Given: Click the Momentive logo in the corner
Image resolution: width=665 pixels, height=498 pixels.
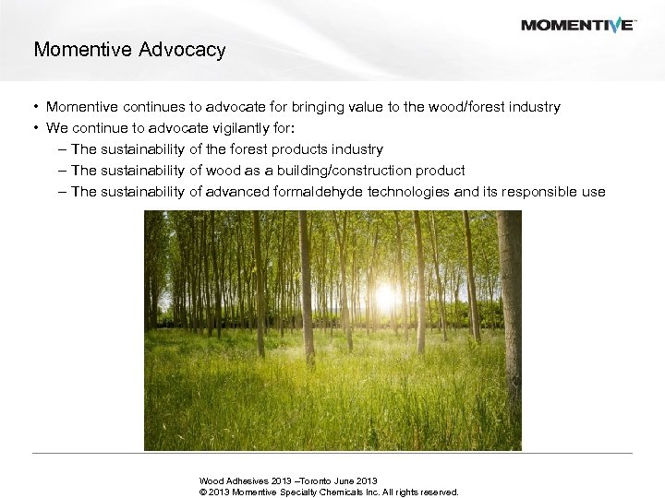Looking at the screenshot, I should coord(577,25).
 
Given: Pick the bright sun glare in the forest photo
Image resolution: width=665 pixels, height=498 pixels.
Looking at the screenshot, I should coord(385,296).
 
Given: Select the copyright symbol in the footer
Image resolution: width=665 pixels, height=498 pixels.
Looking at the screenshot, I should coord(203,492).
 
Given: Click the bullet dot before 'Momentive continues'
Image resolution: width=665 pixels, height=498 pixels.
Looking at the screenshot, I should coord(36,108).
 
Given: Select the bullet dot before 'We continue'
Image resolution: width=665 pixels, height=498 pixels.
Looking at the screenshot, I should coord(36,129).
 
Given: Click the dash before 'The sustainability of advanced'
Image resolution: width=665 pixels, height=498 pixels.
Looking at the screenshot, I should coord(61,192).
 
